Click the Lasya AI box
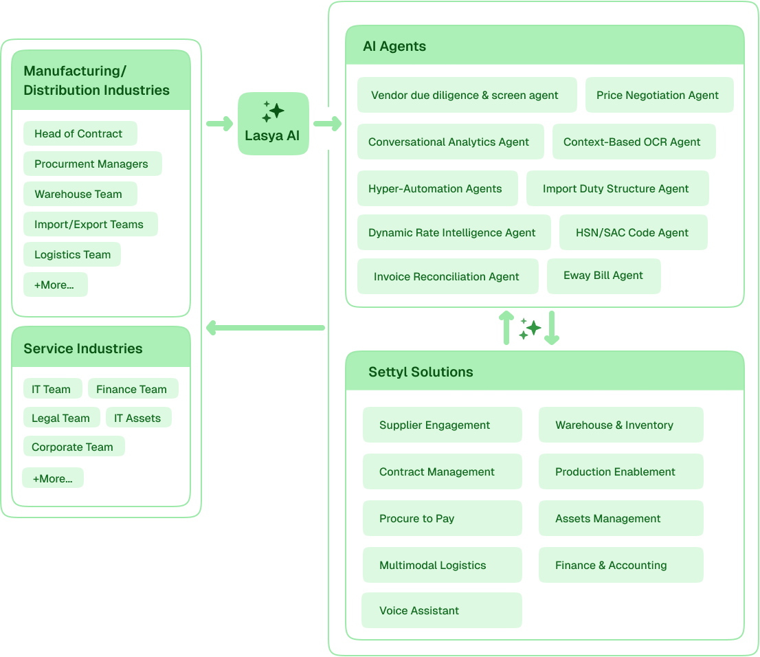coord(273,124)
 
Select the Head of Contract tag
coord(80,134)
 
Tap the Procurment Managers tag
coord(92,164)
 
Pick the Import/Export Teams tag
coord(90,225)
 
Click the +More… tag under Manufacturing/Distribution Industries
coord(55,285)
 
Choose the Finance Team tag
coord(132,389)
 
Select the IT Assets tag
coord(137,418)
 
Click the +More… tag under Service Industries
coord(53,478)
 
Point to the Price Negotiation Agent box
coord(658,96)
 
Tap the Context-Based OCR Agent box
coord(633,142)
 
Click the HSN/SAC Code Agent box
coord(632,233)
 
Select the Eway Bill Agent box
coord(603,276)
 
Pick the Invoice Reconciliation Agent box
coord(447,277)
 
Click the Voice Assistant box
coord(441,611)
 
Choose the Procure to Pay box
coord(441,519)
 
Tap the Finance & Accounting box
coord(620,566)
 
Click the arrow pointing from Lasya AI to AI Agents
coord(328,124)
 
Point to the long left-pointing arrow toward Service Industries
coord(265,328)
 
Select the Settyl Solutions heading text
coord(421,372)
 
